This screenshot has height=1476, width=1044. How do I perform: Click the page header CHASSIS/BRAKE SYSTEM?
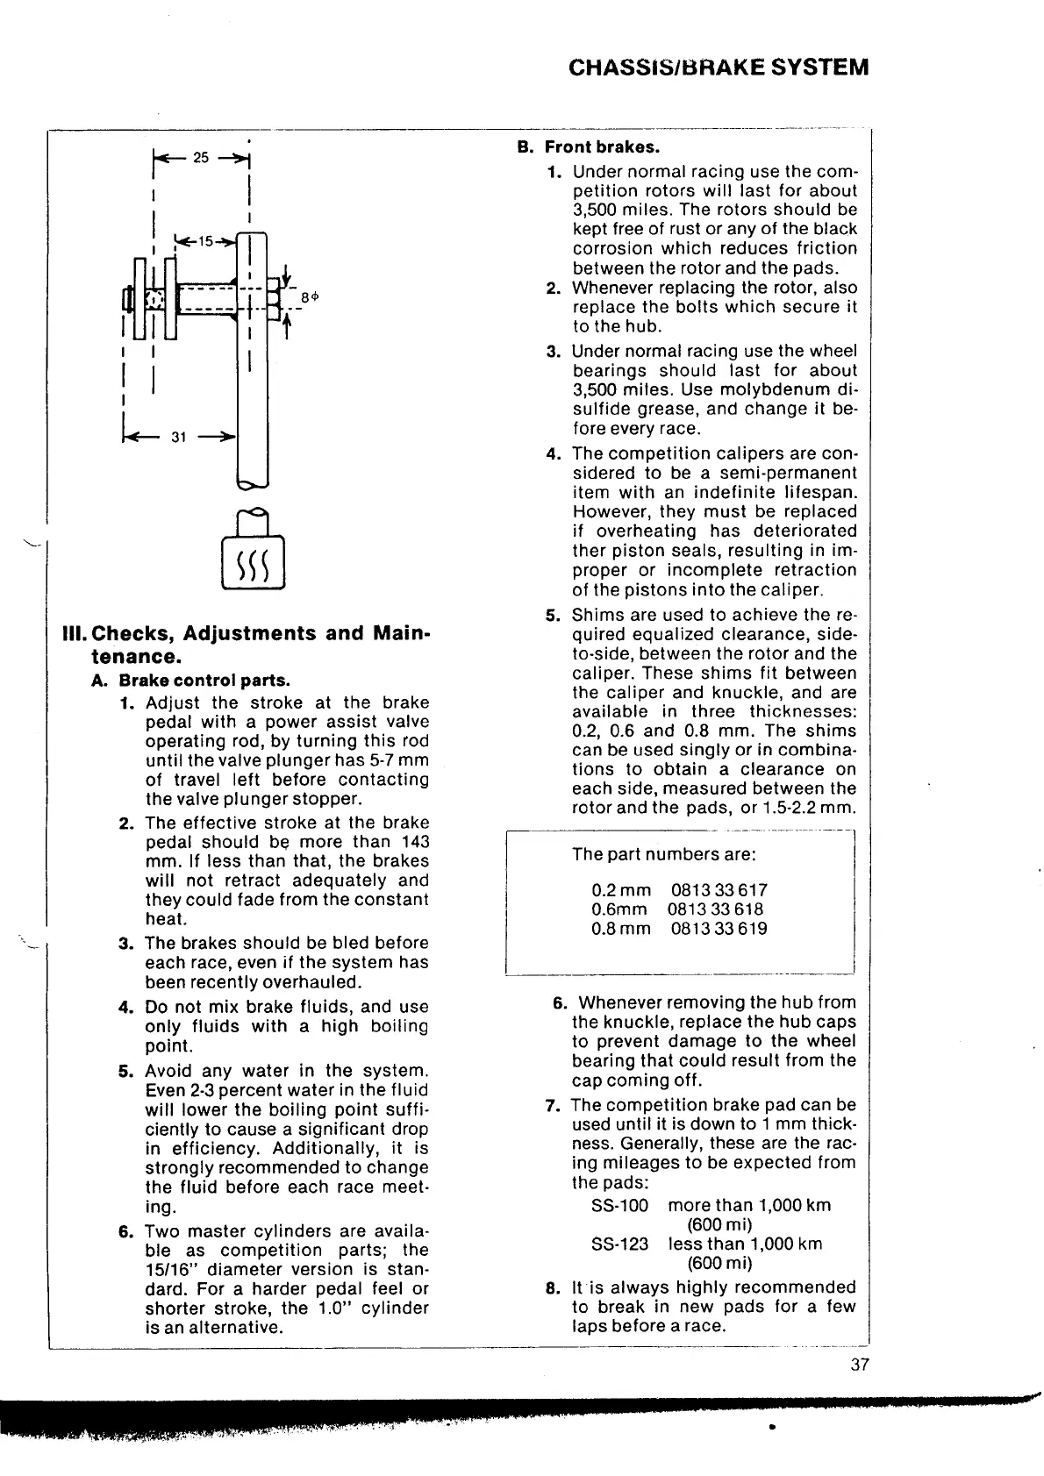tap(719, 67)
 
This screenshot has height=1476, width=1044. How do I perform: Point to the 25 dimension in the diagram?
tap(201, 157)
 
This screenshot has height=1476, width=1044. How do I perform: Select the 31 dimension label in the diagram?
tap(178, 437)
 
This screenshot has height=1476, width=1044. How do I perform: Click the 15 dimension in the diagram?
tap(204, 241)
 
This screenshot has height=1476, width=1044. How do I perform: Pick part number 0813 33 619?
tap(719, 929)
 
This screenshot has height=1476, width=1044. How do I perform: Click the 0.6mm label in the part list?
tap(619, 909)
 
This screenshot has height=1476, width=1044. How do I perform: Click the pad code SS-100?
tap(619, 1206)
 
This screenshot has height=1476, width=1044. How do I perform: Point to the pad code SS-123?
tap(619, 1244)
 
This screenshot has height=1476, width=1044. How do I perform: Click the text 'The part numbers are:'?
tap(664, 854)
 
